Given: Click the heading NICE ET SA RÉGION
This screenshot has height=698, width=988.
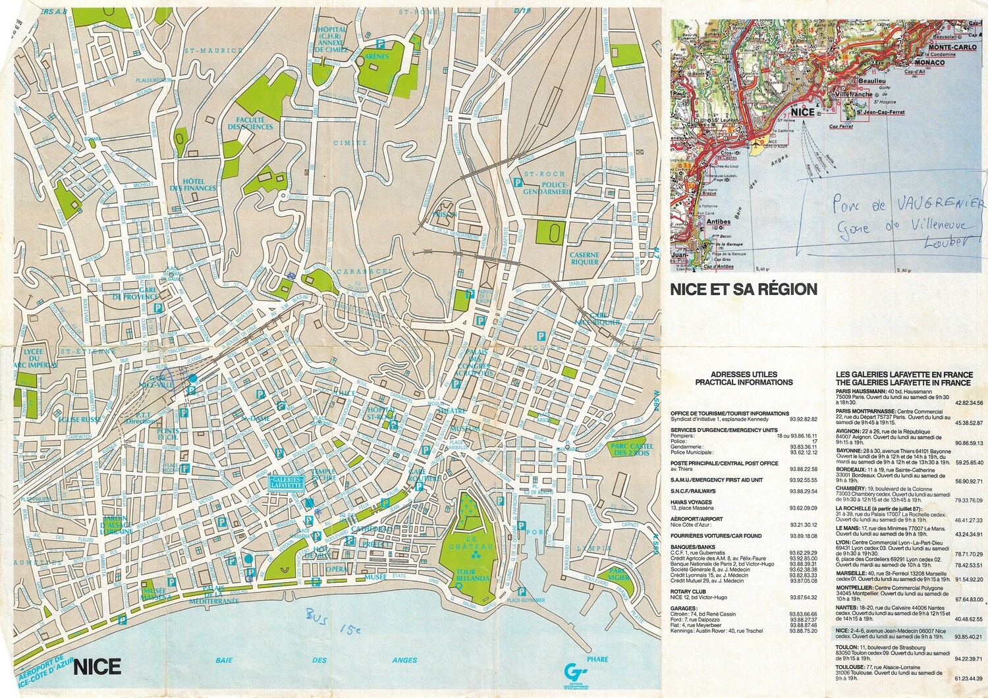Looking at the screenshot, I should (x=744, y=289).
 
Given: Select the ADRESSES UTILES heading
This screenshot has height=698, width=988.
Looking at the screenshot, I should (x=744, y=378).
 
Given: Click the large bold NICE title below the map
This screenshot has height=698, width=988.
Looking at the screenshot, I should (x=97, y=666).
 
